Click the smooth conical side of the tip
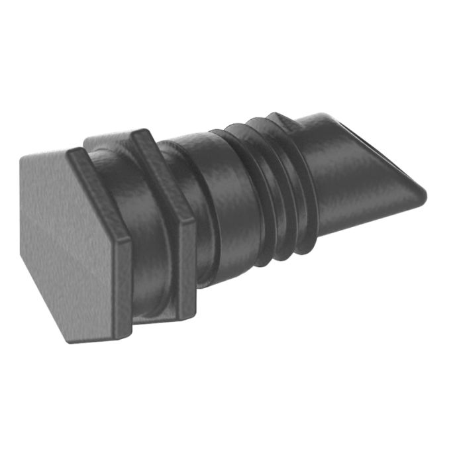358,192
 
